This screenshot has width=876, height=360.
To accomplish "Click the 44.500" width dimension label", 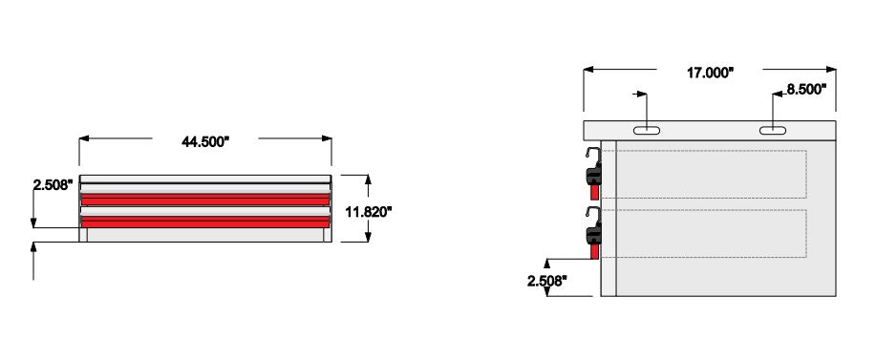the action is pos(205,141).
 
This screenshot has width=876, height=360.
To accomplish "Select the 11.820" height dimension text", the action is pos(368,212).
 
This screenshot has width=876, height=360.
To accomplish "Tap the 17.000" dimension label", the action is pos(710,74).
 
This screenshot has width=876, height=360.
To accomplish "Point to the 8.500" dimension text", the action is pos(806,89).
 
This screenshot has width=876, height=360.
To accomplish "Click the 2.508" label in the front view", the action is pos(53,184).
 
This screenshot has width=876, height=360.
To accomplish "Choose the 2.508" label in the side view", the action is pos(547,281).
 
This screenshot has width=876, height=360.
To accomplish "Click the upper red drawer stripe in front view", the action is pos(205,200).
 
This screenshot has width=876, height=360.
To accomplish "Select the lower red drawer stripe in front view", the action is pos(205,222).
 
